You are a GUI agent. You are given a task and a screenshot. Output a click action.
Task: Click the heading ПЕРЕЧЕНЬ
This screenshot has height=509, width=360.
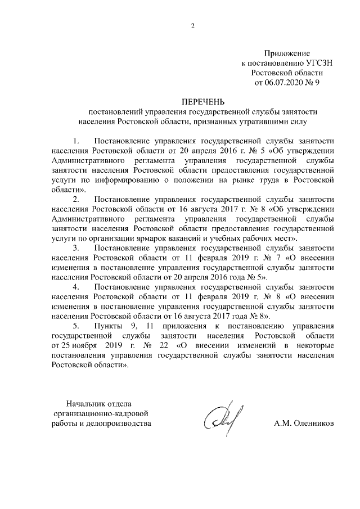202,102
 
